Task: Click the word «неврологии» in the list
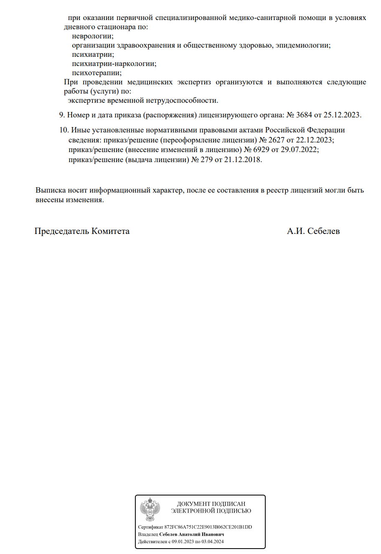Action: coord(92,36)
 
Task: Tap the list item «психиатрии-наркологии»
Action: coord(114,64)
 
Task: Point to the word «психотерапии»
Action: coord(97,73)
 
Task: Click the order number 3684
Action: coord(304,115)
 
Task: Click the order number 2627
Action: coord(276,140)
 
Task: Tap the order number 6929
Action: coord(261,150)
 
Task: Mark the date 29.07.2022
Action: coord(299,150)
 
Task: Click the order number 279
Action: coord(206,160)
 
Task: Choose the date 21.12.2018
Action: coord(243,160)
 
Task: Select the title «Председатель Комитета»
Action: coord(82,231)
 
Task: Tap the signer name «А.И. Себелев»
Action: coord(313,231)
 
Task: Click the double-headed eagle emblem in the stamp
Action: coord(150,510)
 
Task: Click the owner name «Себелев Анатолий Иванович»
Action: coord(191,534)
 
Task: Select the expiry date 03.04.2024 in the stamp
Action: coord(213,542)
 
